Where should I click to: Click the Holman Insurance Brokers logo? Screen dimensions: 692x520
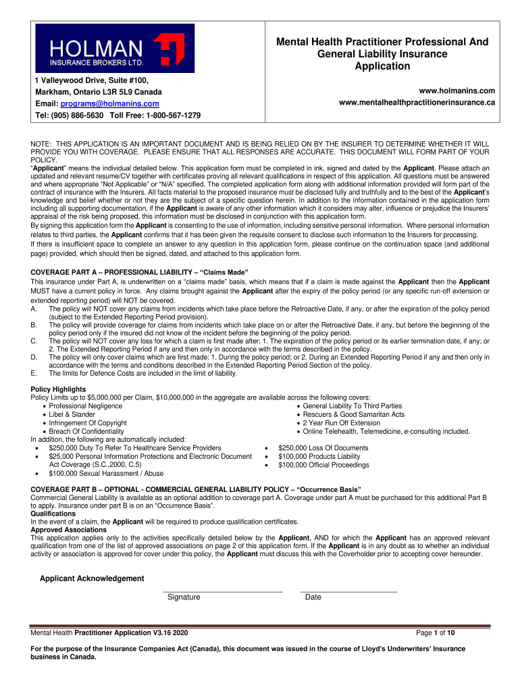tap(115, 49)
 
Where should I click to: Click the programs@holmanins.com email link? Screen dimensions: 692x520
tap(109, 103)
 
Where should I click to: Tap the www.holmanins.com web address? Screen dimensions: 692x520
tap(457, 91)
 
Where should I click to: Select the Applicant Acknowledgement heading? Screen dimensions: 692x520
tap(92, 578)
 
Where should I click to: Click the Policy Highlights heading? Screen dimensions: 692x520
tap(59, 389)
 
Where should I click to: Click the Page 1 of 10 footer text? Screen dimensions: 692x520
tap(436, 633)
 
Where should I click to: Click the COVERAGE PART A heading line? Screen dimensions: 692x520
tap(141, 273)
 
